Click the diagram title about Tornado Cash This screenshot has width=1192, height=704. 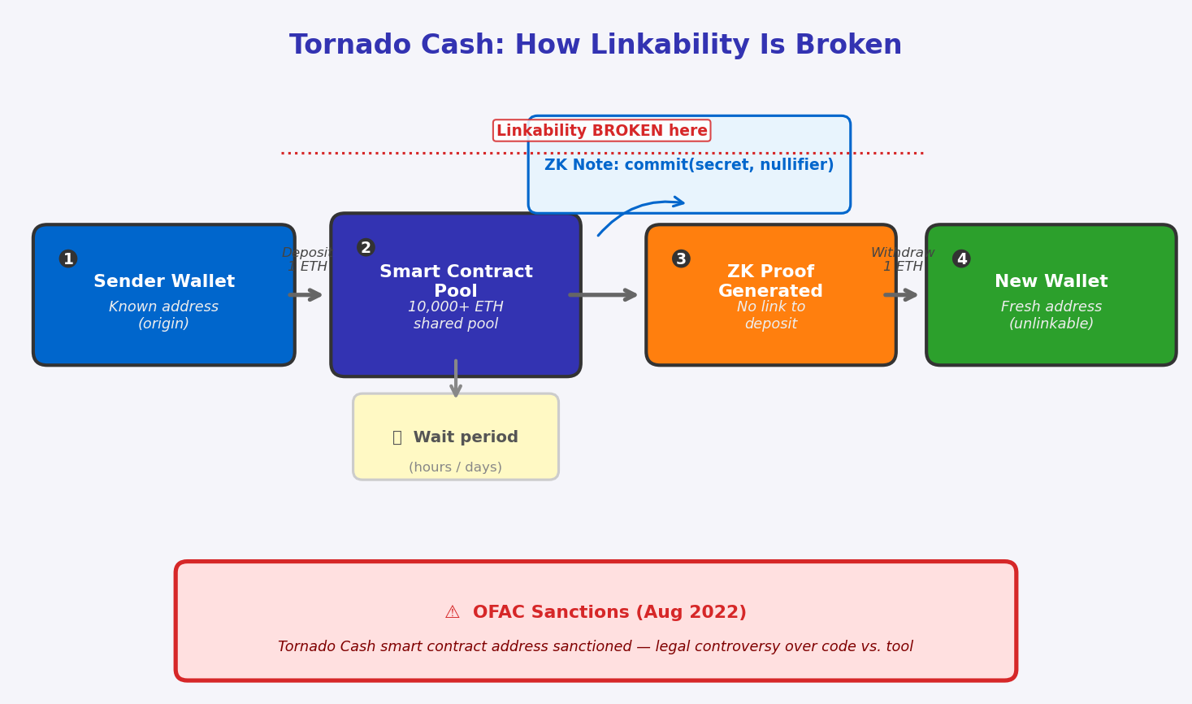(x=596, y=45)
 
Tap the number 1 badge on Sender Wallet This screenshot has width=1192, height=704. (x=68, y=259)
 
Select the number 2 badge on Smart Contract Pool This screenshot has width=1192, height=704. (x=366, y=248)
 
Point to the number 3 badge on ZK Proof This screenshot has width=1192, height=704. (x=681, y=259)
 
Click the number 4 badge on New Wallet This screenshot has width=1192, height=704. (x=961, y=259)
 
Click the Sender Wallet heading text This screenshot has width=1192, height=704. (x=164, y=281)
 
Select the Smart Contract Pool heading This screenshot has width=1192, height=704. (x=456, y=281)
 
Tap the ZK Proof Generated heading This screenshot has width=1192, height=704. (x=770, y=281)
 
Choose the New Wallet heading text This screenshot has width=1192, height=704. (x=1051, y=281)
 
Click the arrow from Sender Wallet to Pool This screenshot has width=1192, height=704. (x=305, y=295)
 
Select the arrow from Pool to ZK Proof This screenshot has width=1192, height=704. (x=603, y=295)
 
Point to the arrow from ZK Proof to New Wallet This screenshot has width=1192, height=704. (x=900, y=295)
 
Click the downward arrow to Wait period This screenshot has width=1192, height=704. (x=456, y=379)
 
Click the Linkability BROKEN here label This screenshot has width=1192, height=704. (x=602, y=130)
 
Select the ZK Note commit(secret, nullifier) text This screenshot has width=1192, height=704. (x=689, y=165)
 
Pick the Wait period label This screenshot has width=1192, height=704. (x=466, y=437)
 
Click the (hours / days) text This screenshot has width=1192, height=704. (x=456, y=467)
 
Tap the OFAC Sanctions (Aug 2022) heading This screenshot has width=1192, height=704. (x=609, y=612)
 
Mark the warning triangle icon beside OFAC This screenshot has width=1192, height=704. (x=453, y=612)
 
